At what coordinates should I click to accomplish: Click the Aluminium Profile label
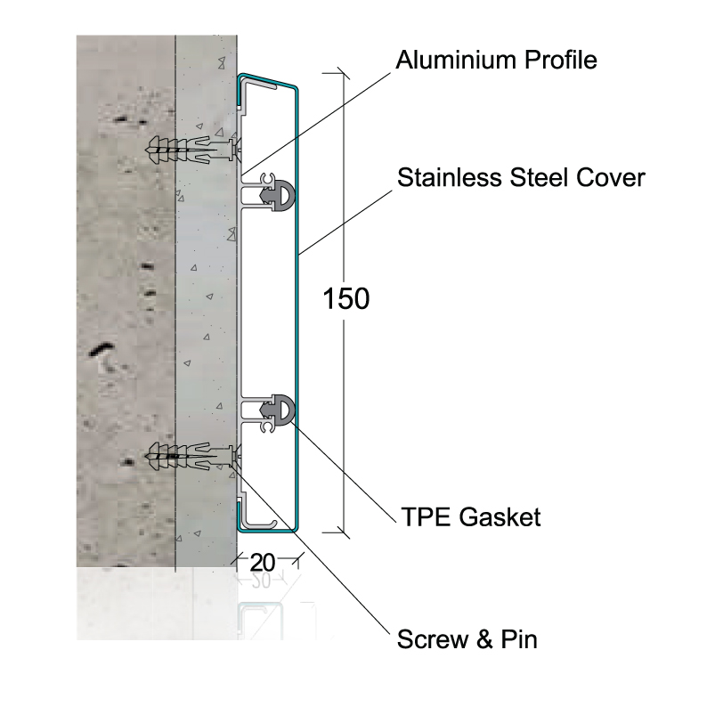pos(496,61)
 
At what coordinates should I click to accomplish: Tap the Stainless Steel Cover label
pos(521,177)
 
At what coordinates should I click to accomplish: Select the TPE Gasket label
pos(471,517)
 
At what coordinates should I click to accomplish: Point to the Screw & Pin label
pos(467,639)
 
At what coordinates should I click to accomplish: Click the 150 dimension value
pos(345,299)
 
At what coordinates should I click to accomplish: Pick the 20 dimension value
pos(263,563)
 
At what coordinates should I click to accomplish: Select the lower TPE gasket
pos(277,410)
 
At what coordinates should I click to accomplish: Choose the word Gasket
pos(500,517)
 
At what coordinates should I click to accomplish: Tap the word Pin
pos(519,639)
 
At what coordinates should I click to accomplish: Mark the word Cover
pos(611,177)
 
